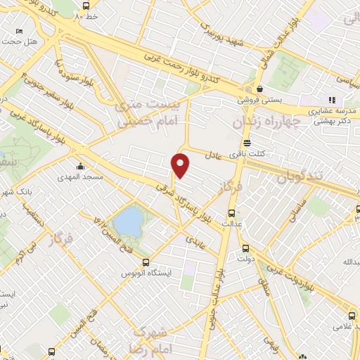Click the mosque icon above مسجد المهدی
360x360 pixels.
(x=82, y=167)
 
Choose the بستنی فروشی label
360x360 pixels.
(x=258, y=100)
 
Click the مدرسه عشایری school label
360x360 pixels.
(x=333, y=112)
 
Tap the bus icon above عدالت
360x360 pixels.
(x=231, y=214)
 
